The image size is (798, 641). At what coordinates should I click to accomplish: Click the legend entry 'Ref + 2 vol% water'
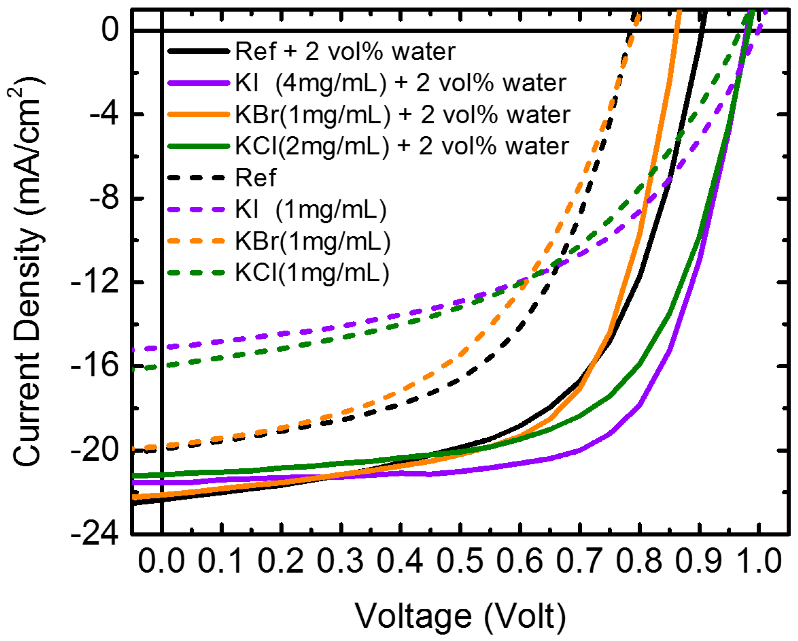pyautogui.click(x=345, y=51)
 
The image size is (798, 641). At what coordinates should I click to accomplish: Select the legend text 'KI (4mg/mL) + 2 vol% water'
pyautogui.click(x=400, y=83)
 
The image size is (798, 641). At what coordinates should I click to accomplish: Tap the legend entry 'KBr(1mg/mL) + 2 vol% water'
pyautogui.click(x=403, y=115)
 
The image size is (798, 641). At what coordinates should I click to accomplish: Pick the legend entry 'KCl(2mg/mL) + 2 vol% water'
pyautogui.click(x=402, y=146)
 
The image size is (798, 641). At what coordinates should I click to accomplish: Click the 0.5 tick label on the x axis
pyautogui.click(x=460, y=561)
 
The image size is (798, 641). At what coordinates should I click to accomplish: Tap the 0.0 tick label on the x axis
pyautogui.click(x=161, y=561)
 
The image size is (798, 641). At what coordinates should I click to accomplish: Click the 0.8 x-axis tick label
pyautogui.click(x=639, y=561)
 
